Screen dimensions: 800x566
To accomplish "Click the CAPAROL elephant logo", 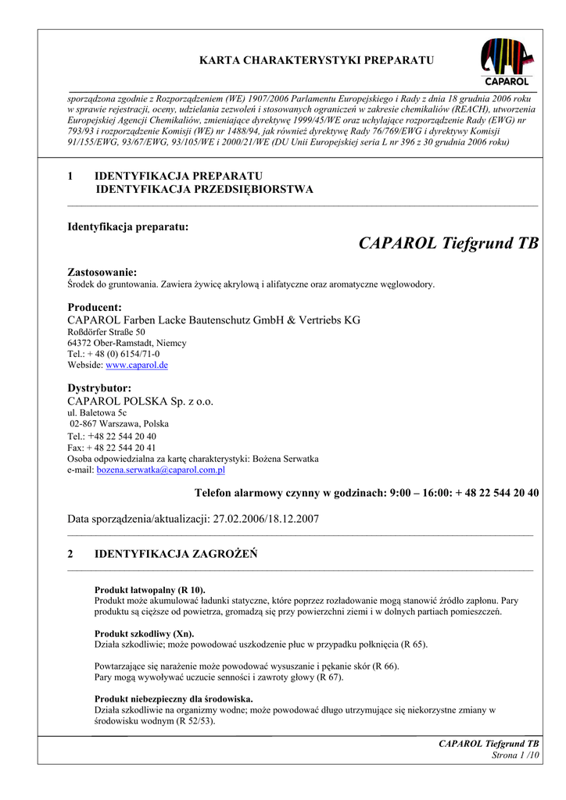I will [507, 62].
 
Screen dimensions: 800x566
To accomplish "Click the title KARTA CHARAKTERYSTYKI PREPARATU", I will [316, 60].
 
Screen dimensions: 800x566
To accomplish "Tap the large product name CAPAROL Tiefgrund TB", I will [448, 243].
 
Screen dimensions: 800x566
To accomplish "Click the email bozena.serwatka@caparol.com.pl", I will [160, 470].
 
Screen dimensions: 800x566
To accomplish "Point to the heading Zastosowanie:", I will [102, 272].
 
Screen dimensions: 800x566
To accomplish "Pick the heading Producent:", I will [95, 307].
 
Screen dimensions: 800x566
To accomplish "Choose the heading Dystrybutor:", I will [99, 388].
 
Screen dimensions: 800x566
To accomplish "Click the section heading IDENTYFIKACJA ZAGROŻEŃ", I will [176, 554].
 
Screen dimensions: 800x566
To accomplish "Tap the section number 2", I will [70, 554].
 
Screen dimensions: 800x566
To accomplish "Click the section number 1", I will [70, 175].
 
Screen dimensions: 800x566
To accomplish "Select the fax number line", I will [112, 448].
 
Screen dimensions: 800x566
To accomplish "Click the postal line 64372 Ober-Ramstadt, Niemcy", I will [127, 343].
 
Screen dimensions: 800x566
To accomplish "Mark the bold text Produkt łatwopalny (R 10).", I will [149, 590].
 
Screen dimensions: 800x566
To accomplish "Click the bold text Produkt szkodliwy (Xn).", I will [144, 634].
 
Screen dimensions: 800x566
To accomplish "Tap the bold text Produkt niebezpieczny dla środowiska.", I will [174, 698].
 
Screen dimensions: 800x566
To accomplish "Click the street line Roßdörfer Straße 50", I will [106, 332].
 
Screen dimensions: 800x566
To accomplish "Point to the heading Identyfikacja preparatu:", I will [128, 227].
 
